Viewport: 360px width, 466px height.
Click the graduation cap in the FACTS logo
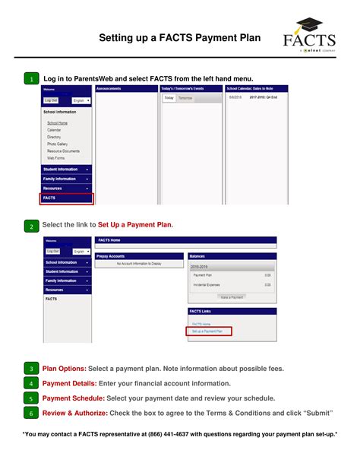pyautogui.click(x=309, y=25)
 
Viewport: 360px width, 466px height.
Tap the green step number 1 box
pyautogui.click(x=31, y=80)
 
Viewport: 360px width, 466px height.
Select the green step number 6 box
pyautogui.click(x=31, y=413)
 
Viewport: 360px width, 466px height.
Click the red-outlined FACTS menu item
pyautogui.click(x=67, y=198)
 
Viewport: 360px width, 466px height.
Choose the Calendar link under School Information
pyautogui.click(x=54, y=130)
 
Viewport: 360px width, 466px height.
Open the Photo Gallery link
pyautogui.click(x=58, y=144)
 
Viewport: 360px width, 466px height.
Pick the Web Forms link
pyautogui.click(x=55, y=158)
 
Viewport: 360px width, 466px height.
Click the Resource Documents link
pyautogui.click(x=63, y=151)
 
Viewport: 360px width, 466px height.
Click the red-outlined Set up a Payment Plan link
pyautogui.click(x=208, y=331)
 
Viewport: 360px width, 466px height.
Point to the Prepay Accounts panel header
pyautogui.click(x=112, y=256)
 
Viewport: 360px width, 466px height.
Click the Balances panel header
pyautogui.click(x=198, y=256)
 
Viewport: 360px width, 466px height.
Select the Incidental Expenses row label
pyautogui.click(x=208, y=284)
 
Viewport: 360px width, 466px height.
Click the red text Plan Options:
pyautogui.click(x=64, y=369)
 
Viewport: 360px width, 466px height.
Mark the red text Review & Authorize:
pyautogui.click(x=75, y=413)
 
